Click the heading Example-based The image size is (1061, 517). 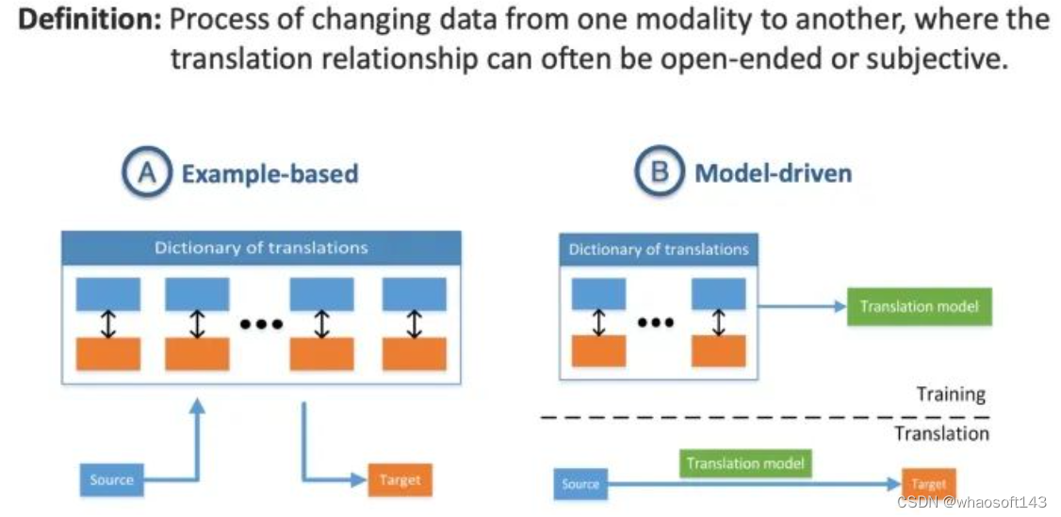coord(270,174)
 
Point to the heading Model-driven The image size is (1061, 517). coord(773,173)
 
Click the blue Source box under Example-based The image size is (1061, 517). coord(111,480)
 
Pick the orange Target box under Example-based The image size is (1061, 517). coord(400,480)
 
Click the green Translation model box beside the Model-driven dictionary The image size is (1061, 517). coord(919,306)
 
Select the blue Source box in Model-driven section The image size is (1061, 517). coord(580,484)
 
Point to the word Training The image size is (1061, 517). coord(951,395)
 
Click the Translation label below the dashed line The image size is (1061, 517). coord(942,432)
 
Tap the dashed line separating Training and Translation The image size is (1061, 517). coord(764,418)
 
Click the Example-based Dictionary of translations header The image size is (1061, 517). coord(261,248)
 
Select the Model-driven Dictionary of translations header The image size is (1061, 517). coord(659,250)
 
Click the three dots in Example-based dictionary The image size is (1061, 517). coord(260,324)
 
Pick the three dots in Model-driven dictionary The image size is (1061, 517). coord(656,322)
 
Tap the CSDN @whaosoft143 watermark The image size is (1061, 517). coord(971,502)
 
